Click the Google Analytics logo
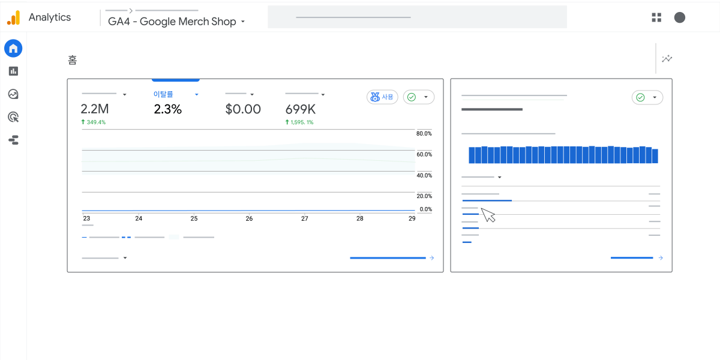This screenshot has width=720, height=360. pos(13,18)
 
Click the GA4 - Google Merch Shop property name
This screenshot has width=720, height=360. pos(172,22)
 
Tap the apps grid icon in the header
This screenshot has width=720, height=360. pos(656,17)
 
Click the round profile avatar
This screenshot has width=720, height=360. pos(680,17)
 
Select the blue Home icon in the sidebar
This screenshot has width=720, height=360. pos(13,48)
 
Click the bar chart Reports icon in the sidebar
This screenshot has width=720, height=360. pos(13,71)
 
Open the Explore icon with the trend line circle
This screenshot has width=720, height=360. pos(13,94)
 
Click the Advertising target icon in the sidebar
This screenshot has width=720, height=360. pos(13,117)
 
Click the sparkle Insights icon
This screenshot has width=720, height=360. pos(667,59)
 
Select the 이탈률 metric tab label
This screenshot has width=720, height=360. pos(163,94)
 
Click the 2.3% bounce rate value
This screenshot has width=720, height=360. pos(167,109)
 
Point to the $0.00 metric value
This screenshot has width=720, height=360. pos(243,109)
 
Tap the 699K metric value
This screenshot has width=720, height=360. pos(300,109)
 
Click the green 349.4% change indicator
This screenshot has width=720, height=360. pos(93,122)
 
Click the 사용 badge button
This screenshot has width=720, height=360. pos(382,97)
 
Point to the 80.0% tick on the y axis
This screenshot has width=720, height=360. pos(424,133)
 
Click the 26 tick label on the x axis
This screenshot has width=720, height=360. pos(249,218)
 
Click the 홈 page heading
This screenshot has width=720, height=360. pos(73,60)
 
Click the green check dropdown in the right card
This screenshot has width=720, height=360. pos(647,97)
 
